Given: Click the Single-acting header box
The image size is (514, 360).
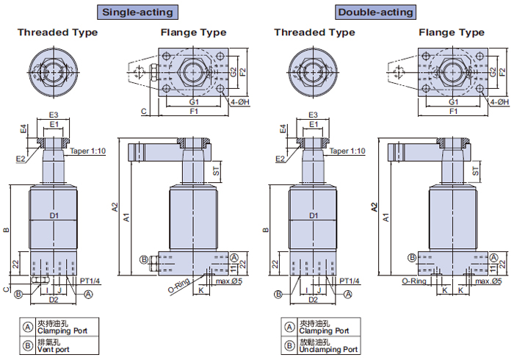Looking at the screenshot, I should click(138, 12).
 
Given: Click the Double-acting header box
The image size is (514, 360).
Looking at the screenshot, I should click(375, 12).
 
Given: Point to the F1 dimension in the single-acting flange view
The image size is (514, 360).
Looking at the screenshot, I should click(194, 111).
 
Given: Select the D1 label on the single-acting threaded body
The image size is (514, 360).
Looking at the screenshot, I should click(54, 215).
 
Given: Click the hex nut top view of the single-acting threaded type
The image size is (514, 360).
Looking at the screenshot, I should click(54, 71).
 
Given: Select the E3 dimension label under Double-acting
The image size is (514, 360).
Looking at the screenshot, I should click(313, 115).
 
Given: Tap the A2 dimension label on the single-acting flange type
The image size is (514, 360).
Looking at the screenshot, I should click(115, 207).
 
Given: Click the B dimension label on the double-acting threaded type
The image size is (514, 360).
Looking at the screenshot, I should click(264, 231).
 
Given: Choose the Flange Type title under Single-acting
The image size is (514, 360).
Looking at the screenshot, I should click(193, 33).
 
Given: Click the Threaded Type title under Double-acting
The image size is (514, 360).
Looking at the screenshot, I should click(314, 33).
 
